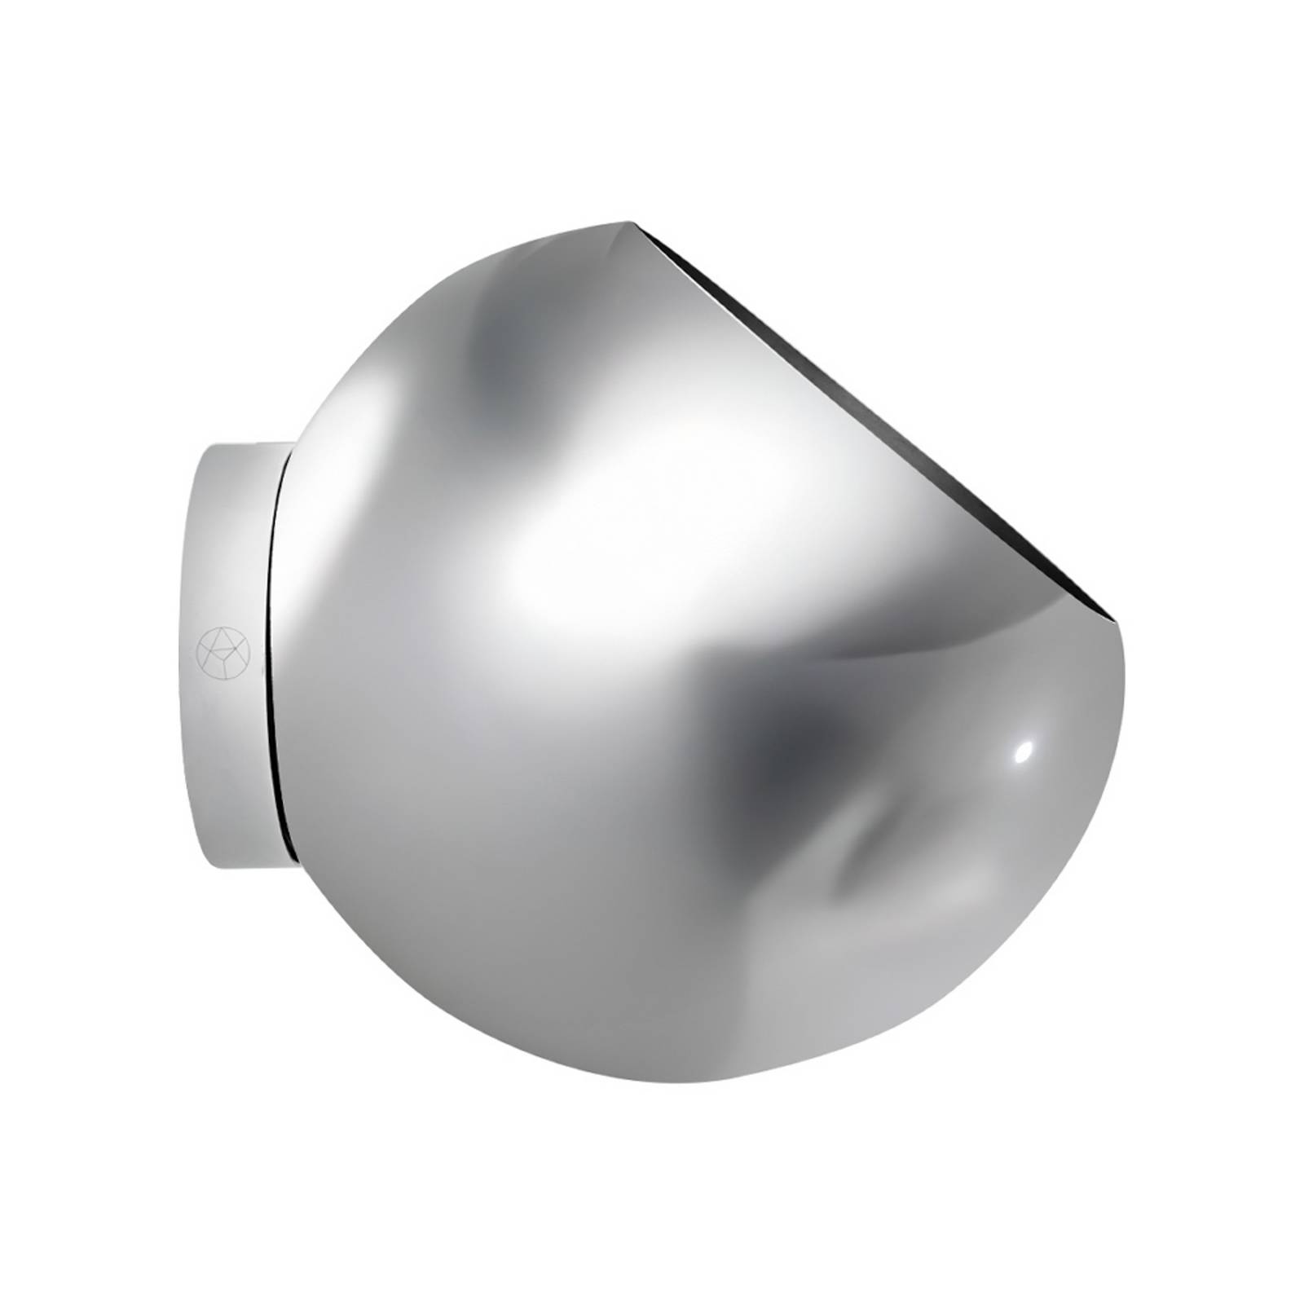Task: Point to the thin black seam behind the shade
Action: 280,652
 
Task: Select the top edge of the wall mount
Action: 244,444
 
